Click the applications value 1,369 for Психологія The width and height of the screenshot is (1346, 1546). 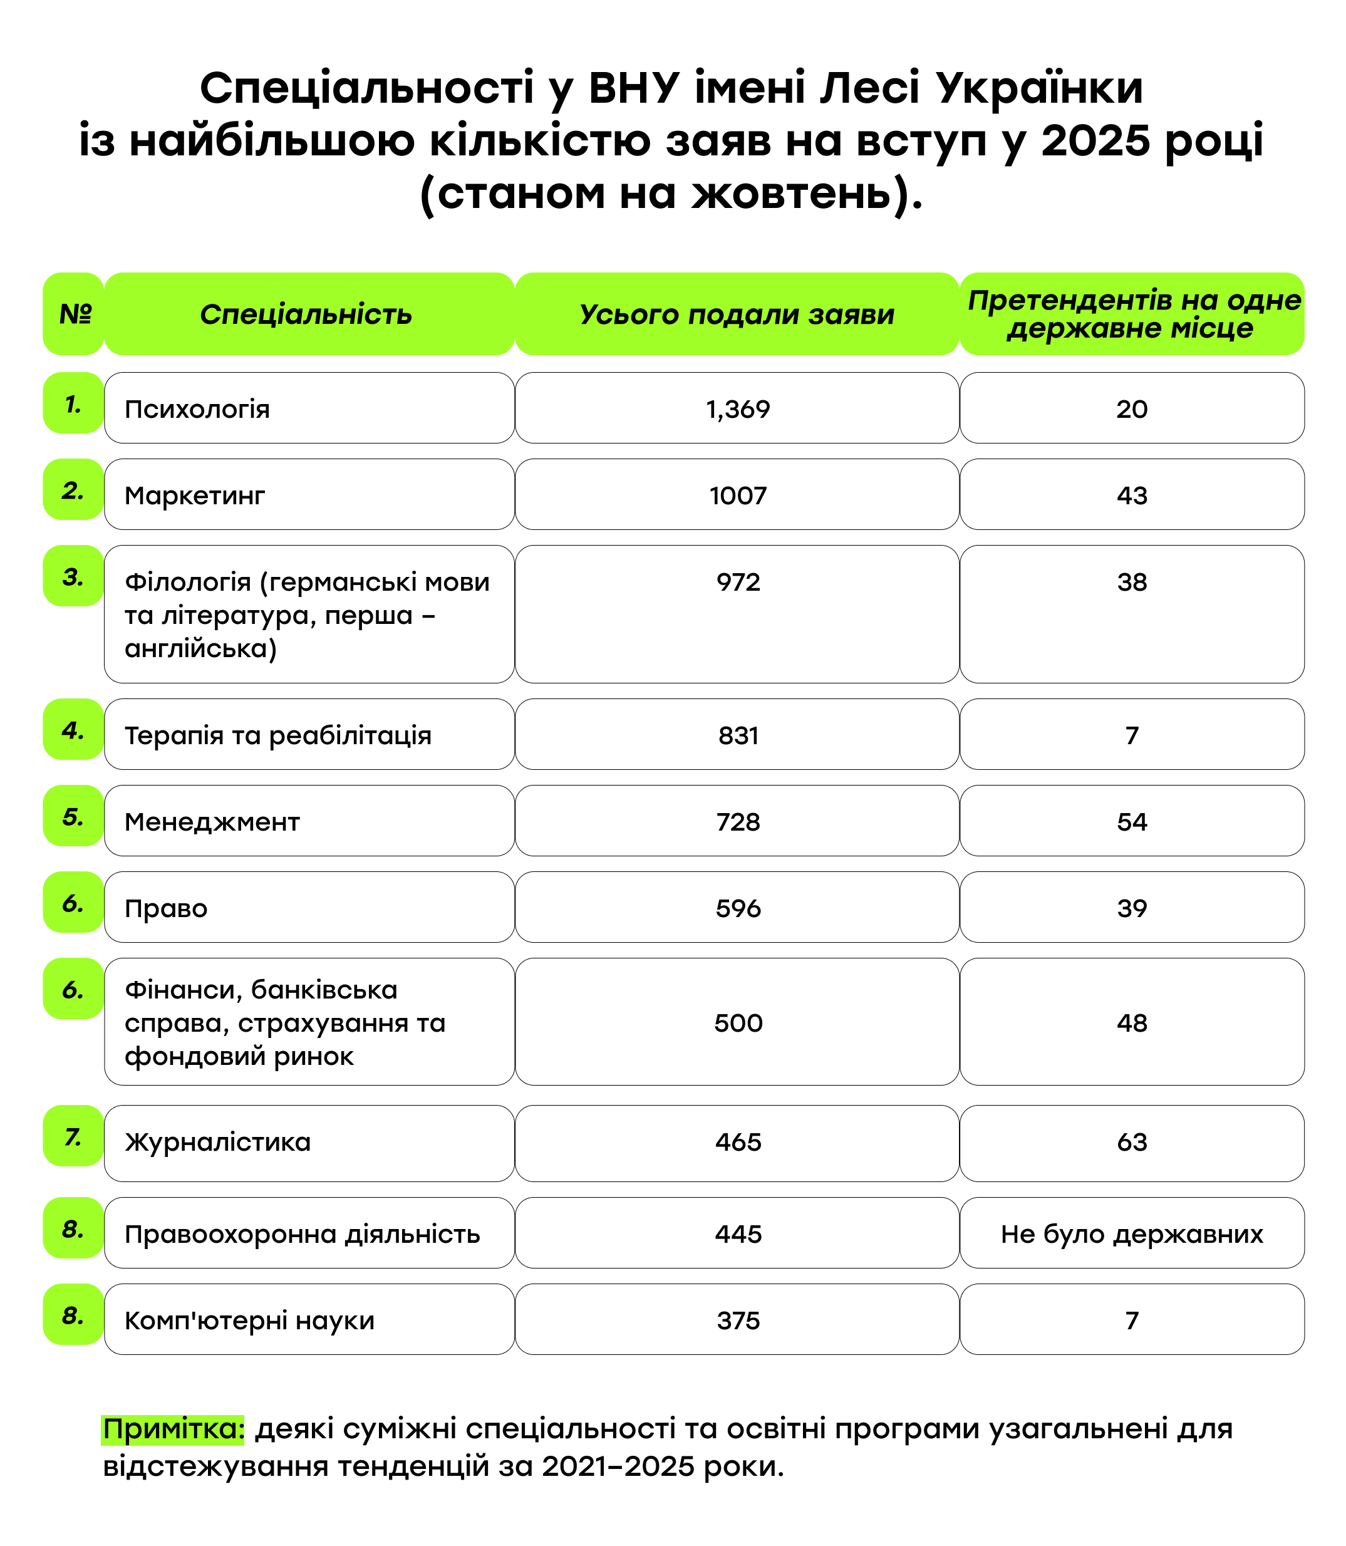click(738, 410)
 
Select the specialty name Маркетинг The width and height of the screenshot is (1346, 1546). click(195, 495)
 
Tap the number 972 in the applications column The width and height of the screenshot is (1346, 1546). click(738, 582)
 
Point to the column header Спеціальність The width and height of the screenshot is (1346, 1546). click(306, 314)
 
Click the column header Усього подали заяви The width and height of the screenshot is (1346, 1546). click(737, 314)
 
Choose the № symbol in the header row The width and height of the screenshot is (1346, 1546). click(75, 314)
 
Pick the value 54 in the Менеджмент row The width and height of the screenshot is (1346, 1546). click(1131, 822)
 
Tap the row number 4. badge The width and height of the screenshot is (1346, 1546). click(73, 730)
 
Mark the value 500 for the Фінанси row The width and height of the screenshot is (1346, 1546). click(738, 1023)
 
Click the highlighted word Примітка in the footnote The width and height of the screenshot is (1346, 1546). click(173, 1428)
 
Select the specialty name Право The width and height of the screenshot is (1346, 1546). click(166, 909)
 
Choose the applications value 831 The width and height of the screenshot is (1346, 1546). click(738, 735)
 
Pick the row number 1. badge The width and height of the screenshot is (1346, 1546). click(73, 404)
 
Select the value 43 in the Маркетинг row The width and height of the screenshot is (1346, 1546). click(1131, 495)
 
